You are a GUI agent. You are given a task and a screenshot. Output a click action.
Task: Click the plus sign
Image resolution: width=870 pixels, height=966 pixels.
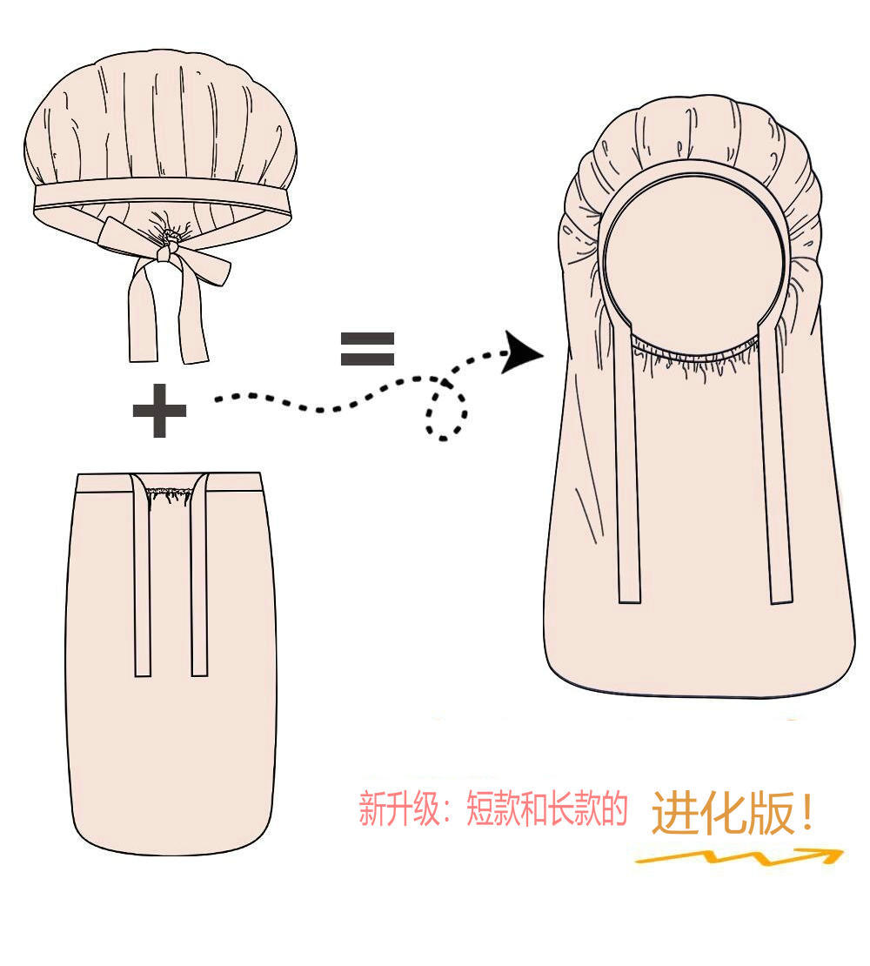coord(159,411)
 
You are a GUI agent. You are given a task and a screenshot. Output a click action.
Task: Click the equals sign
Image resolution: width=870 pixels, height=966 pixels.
coord(367,348)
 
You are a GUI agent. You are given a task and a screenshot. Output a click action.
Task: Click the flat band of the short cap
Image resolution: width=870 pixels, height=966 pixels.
coord(161,195)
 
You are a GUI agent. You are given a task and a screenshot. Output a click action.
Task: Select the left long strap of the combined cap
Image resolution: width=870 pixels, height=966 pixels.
coord(627,479)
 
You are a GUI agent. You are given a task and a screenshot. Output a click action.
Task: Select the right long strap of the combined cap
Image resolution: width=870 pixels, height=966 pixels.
coord(779,479)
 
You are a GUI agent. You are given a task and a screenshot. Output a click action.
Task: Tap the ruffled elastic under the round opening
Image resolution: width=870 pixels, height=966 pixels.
coord(696,359)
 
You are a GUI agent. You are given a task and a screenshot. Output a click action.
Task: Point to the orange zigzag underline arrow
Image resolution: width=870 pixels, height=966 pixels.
coord(739,857)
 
